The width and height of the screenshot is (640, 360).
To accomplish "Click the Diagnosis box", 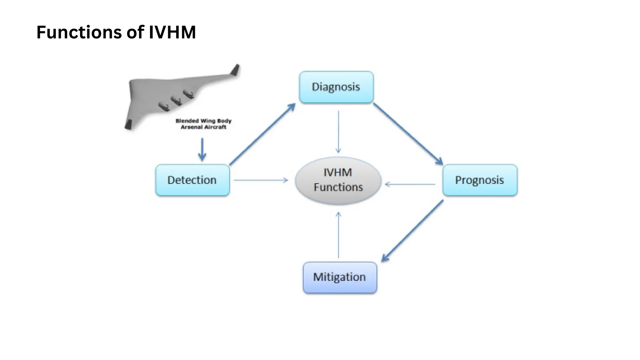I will pos(336,87).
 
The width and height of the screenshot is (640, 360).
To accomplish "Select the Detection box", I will pos(192,180).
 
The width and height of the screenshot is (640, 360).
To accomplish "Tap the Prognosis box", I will pos(480,180).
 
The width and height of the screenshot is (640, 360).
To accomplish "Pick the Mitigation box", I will pos(340,277).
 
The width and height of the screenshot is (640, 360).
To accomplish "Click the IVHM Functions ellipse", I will pos(338,180).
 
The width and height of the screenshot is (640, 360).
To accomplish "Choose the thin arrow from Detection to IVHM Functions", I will pos(260,180).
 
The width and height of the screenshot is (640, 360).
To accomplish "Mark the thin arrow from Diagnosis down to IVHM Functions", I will pos(338,131).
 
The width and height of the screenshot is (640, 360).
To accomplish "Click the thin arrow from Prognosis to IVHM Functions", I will pos(410,184).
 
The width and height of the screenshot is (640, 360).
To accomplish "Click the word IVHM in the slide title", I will pos(172,32).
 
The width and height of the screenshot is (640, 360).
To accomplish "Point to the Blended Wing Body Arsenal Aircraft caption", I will pos(203,124).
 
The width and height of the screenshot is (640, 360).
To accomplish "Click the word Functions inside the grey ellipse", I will pos(338,187).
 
